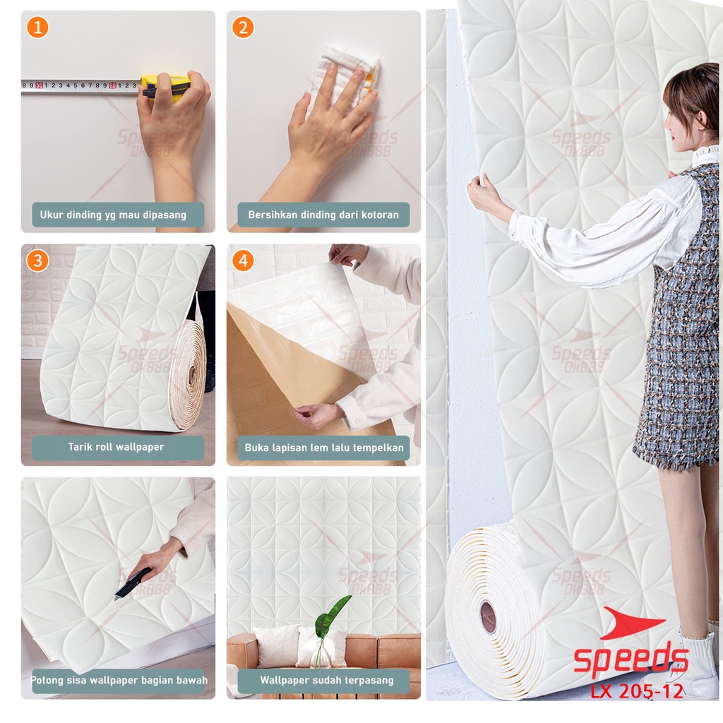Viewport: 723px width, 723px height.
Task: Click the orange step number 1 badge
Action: [37, 28]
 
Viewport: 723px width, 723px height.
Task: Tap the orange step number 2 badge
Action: [243, 28]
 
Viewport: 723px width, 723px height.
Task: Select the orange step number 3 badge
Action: [37, 261]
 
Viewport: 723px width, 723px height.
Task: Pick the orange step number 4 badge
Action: [243, 261]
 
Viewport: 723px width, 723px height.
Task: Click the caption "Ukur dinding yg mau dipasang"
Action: [118, 215]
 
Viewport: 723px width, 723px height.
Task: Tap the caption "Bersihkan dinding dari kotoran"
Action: [323, 215]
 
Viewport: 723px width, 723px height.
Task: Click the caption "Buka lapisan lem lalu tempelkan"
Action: [323, 447]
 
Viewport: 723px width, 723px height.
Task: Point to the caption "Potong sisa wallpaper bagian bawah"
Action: [118, 681]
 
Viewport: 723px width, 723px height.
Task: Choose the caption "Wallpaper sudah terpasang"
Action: [323, 681]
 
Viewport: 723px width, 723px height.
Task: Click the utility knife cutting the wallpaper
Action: [133, 584]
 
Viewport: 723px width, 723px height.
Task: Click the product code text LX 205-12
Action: [637, 691]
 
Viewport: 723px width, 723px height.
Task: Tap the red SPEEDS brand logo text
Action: [631, 660]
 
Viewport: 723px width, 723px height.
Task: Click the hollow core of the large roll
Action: [488, 616]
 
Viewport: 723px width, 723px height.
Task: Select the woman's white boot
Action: [692, 664]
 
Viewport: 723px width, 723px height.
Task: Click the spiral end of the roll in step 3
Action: [189, 376]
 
